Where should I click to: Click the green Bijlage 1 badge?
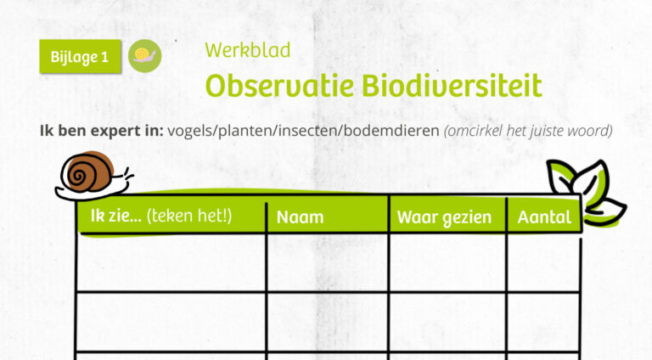81,57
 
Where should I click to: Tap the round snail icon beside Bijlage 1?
144,55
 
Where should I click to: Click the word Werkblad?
247,50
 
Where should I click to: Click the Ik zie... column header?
161,217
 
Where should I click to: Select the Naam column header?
301,217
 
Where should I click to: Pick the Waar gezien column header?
444,217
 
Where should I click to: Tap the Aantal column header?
544,217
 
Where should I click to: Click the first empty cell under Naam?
327,263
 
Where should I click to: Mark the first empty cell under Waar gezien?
447,263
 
